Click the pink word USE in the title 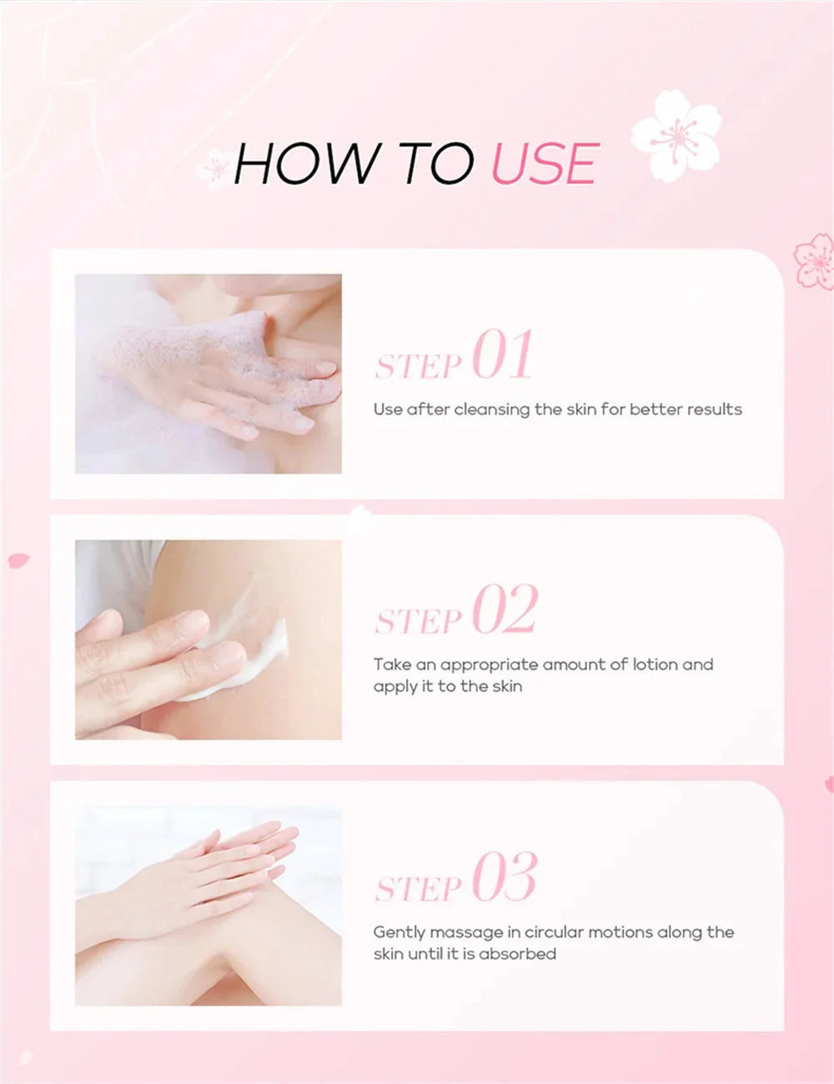(545, 163)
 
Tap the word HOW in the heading (306, 163)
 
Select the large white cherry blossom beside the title (676, 136)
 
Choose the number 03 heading (505, 878)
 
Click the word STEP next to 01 (418, 366)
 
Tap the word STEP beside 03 (418, 889)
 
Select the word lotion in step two (654, 665)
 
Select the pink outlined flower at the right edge (815, 261)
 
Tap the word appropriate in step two (490, 665)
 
